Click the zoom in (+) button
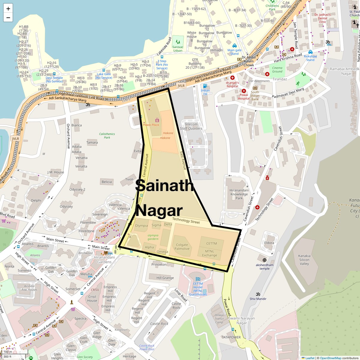[x=8, y=8]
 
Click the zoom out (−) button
[x=8, y=17]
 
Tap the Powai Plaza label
[x=151, y=124]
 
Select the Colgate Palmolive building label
[x=182, y=247]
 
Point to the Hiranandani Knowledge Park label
[x=239, y=194]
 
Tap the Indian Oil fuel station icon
[x=205, y=85]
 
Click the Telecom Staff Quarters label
[x=191, y=126]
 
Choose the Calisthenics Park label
[x=107, y=136]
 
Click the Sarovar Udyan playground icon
[x=178, y=42]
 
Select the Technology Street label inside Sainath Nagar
[x=186, y=221]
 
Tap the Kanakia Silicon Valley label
[x=304, y=260]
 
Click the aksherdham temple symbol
[x=264, y=260]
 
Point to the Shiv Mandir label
[x=258, y=298]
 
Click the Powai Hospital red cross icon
[x=244, y=91]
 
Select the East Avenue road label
[x=183, y=160]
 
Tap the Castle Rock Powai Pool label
[x=147, y=347]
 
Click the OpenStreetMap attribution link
[x=330, y=358]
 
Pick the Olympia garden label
[x=153, y=237]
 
